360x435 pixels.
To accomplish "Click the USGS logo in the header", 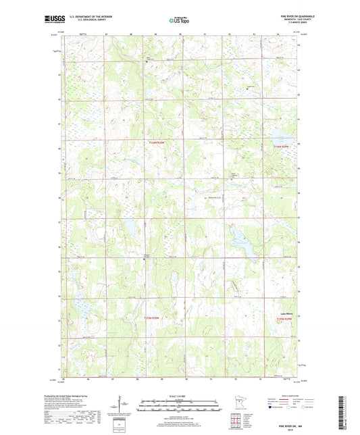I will (55, 21).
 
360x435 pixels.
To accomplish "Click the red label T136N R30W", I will (156, 143).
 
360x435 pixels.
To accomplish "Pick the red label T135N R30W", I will (154, 317).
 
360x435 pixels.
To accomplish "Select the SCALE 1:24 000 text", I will (180, 395).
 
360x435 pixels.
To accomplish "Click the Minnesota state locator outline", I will (238, 405).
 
